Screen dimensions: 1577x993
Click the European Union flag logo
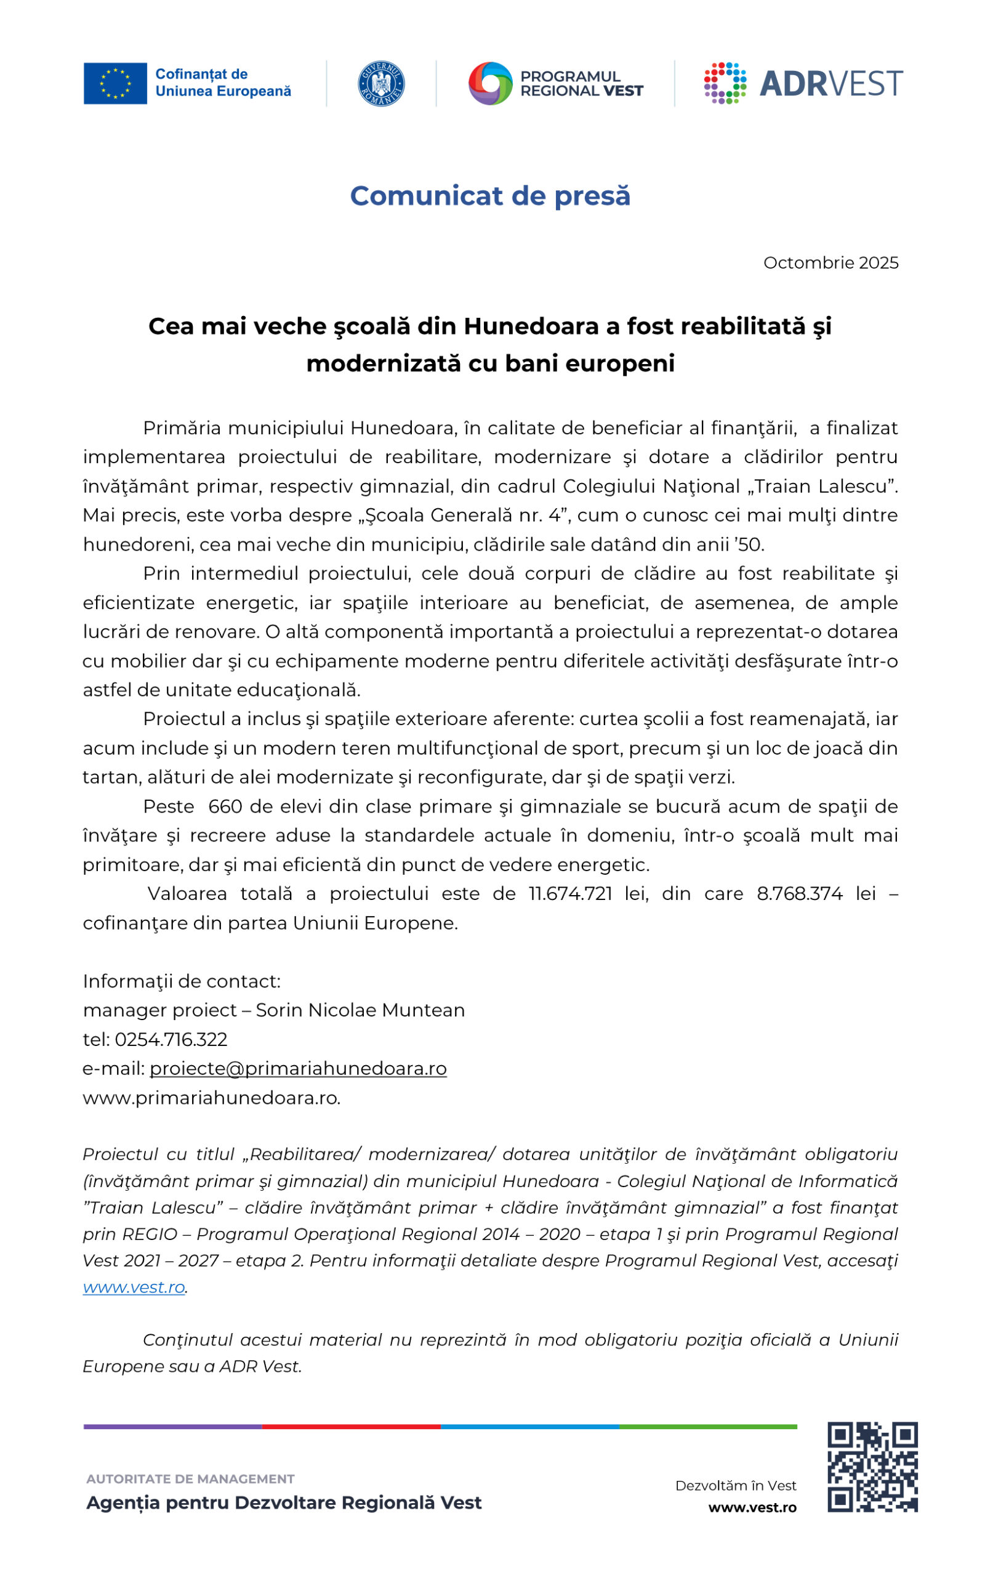[x=115, y=83]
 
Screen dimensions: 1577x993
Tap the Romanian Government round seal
[x=381, y=84]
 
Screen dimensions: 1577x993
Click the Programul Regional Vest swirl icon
[x=489, y=83]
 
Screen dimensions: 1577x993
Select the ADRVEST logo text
[x=830, y=84]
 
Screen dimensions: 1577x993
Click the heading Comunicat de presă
[x=489, y=196]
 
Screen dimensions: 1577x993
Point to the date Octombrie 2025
[x=830, y=262]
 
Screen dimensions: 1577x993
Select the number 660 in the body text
[x=225, y=806]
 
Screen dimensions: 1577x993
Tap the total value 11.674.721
[x=570, y=893]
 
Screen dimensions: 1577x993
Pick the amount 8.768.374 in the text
[x=799, y=893]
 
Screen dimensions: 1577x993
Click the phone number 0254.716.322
[x=171, y=1039]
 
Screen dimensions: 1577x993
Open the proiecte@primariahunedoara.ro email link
[x=298, y=1068]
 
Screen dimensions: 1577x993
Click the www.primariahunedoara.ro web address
[x=211, y=1098]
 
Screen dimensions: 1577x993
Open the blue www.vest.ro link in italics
[x=134, y=1287]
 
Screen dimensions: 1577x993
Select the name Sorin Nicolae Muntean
[x=360, y=1010]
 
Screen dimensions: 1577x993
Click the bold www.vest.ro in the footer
[x=752, y=1507]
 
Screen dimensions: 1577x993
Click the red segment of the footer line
[x=351, y=1426]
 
